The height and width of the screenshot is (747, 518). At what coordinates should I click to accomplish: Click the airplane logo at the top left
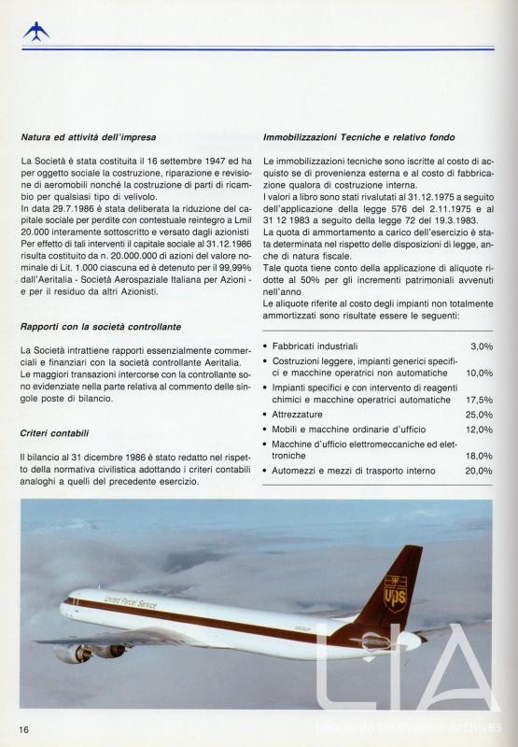click(36, 32)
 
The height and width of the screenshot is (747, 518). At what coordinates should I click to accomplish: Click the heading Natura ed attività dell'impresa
click(88, 137)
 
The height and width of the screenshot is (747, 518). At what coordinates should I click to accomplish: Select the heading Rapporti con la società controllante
click(100, 327)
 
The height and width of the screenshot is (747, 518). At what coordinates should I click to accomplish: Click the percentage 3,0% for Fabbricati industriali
click(481, 346)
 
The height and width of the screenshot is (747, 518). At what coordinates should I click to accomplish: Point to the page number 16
click(24, 727)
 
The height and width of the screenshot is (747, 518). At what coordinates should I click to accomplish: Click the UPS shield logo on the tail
click(395, 593)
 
